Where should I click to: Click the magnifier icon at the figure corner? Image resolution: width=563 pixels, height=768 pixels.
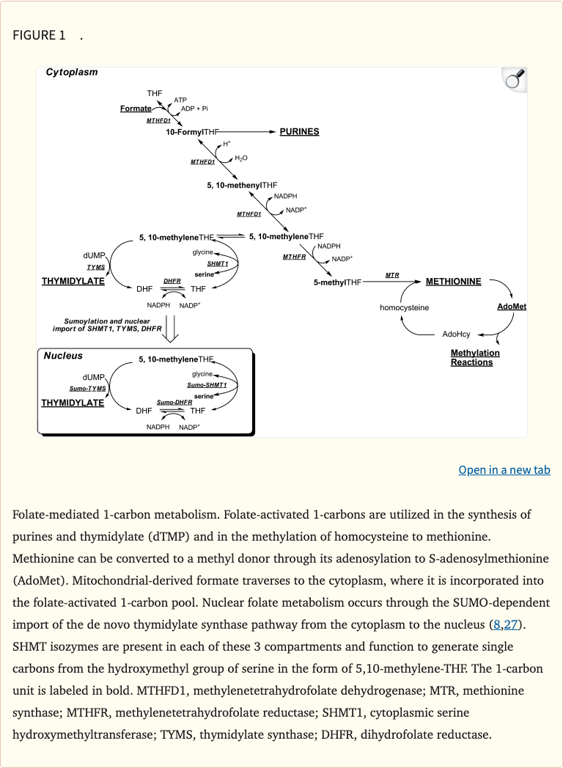tap(515, 79)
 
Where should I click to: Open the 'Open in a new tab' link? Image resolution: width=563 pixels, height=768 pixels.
tap(504, 469)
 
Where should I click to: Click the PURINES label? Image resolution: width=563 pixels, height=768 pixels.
tap(299, 131)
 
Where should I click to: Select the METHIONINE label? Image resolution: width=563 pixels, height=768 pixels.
tap(453, 282)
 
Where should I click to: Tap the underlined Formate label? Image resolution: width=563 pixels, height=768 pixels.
tap(136, 109)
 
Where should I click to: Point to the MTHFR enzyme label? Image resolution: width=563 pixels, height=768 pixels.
tap(294, 257)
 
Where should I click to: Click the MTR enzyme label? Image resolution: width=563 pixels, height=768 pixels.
tap(392, 275)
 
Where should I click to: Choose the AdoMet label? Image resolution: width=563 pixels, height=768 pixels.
tap(512, 306)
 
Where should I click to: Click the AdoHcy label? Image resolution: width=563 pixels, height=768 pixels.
tap(457, 334)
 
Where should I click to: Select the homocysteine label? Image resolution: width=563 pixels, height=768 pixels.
tap(404, 307)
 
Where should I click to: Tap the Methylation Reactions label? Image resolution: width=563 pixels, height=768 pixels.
tap(475, 358)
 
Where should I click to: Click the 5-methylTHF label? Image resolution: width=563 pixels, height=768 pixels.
tap(337, 282)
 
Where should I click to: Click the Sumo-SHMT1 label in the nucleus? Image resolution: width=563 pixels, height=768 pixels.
tap(207, 385)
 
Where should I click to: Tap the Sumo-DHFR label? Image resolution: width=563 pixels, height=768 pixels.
tap(174, 403)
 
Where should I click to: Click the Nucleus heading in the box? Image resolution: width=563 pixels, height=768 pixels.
tap(63, 356)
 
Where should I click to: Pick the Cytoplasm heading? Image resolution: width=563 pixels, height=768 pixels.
tap(71, 72)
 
